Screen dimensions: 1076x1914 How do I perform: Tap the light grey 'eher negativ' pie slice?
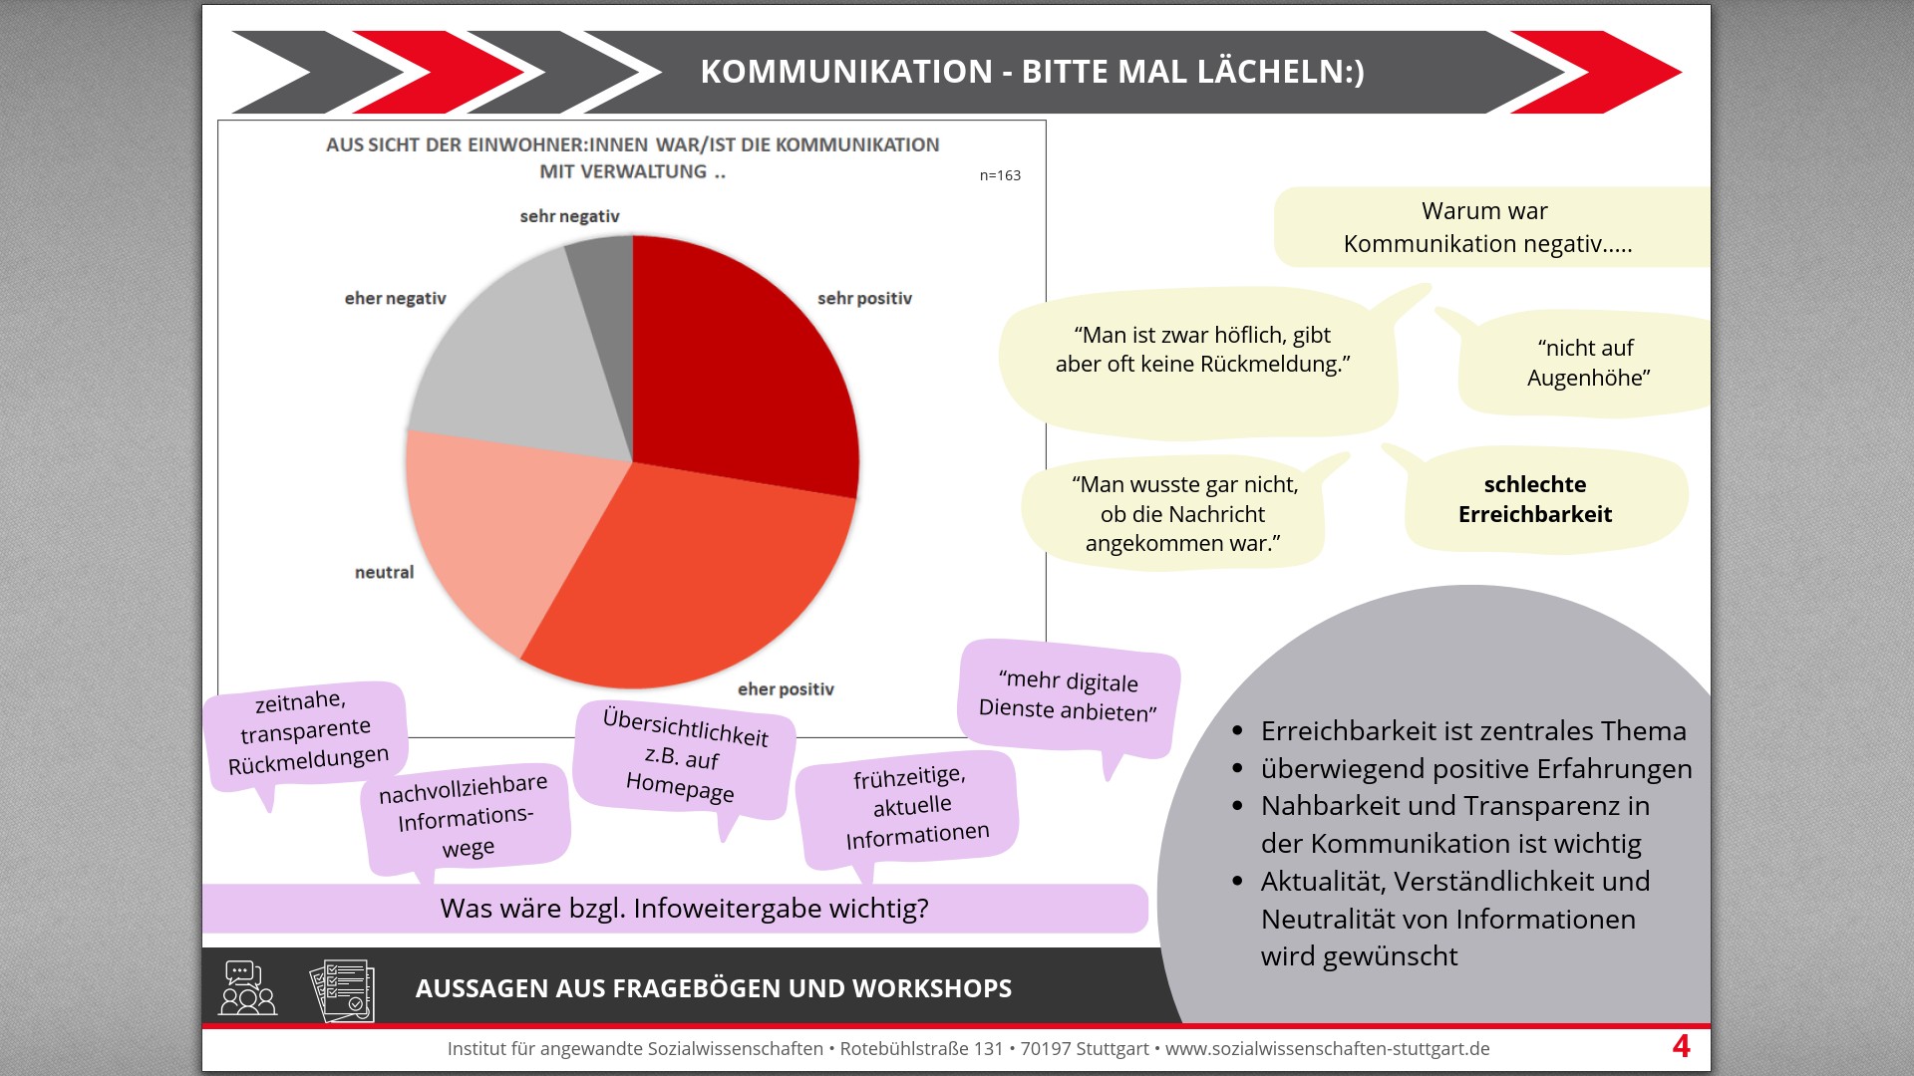coord(518,359)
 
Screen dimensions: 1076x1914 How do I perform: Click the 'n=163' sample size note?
coord(1000,175)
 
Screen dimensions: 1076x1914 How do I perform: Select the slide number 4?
coord(1681,1046)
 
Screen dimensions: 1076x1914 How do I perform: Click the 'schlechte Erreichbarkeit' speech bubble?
coord(1535,499)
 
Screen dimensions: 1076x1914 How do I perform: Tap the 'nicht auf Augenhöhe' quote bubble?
coord(1587,363)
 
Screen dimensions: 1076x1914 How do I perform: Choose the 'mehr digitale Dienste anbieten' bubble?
coord(1068,695)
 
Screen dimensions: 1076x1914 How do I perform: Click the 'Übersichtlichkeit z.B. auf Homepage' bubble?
coord(684,757)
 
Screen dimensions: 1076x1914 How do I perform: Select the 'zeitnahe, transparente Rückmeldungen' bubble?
coord(306,733)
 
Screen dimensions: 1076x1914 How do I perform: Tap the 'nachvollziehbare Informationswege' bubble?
coord(465,817)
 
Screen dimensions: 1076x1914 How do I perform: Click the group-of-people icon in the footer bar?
coord(247,988)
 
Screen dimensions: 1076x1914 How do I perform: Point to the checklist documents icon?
coord(342,990)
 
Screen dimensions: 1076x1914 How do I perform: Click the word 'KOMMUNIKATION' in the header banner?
coord(846,72)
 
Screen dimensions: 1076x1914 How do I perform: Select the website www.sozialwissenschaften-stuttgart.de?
coord(1327,1049)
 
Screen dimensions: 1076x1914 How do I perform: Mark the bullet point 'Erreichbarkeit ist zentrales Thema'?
coord(1472,731)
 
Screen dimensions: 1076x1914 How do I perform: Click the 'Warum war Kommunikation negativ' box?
coord(1487,227)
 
